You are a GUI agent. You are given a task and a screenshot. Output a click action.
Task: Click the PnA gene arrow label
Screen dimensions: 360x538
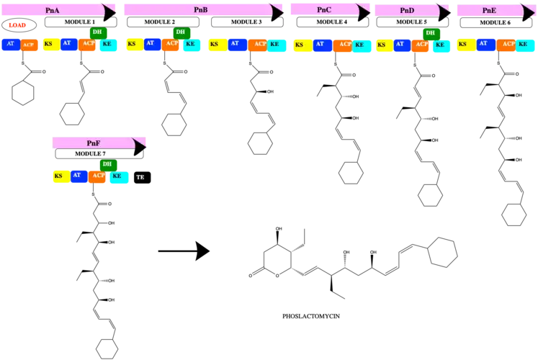52,10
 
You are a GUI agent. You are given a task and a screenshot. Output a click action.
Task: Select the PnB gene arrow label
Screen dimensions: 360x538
200,10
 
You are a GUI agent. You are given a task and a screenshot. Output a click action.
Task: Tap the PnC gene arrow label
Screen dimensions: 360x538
324,9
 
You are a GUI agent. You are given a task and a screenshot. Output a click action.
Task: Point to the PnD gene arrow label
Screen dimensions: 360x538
407,11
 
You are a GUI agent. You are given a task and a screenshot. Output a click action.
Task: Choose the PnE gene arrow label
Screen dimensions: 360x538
489,11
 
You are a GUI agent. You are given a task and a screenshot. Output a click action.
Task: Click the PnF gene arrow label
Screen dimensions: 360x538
94,143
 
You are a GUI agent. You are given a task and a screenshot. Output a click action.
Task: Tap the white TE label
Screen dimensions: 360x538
140,177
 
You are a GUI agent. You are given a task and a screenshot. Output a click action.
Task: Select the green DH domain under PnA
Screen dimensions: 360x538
97,32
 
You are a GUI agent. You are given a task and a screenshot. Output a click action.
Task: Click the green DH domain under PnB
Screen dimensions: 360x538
180,32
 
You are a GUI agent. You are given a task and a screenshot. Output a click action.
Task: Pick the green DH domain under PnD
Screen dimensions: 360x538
430,32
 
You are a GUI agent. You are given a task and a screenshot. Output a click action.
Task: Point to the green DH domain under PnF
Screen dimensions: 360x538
107,164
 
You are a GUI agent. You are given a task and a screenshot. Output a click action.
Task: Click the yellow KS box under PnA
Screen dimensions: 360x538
49,44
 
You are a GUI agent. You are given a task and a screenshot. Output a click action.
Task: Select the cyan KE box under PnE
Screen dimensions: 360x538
524,45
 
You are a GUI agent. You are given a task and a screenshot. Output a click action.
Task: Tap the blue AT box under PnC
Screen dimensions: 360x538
321,45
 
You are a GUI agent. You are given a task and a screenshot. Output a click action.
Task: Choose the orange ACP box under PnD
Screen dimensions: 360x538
422,45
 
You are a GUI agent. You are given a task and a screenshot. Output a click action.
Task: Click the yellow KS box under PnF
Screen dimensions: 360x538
59,176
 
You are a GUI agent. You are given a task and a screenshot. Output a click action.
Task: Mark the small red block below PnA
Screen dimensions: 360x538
17,25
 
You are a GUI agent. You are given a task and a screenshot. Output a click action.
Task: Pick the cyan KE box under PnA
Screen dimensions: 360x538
108,44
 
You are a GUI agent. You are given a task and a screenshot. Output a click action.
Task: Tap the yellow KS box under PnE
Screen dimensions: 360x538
464,45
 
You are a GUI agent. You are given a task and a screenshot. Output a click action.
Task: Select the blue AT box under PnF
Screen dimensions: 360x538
78,175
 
